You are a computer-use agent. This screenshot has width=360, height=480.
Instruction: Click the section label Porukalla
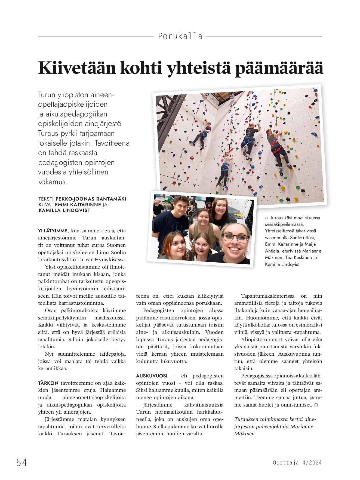(180, 36)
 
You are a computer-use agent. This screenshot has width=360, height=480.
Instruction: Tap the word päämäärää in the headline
(279, 68)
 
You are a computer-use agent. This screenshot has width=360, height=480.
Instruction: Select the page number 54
(22, 462)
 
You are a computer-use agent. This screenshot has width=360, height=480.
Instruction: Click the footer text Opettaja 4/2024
(297, 463)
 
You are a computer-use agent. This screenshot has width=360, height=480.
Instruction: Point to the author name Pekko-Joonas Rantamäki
(91, 199)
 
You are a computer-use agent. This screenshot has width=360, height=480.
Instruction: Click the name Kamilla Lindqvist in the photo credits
(64, 210)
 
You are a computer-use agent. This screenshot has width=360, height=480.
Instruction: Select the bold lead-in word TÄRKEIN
(48, 383)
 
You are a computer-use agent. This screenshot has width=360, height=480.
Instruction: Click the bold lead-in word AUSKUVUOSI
(152, 376)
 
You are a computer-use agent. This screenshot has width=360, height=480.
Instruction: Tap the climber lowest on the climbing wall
(225, 170)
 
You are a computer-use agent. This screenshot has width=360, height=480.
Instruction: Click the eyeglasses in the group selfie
(235, 238)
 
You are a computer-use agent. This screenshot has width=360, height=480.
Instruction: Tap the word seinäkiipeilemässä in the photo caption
(284, 224)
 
